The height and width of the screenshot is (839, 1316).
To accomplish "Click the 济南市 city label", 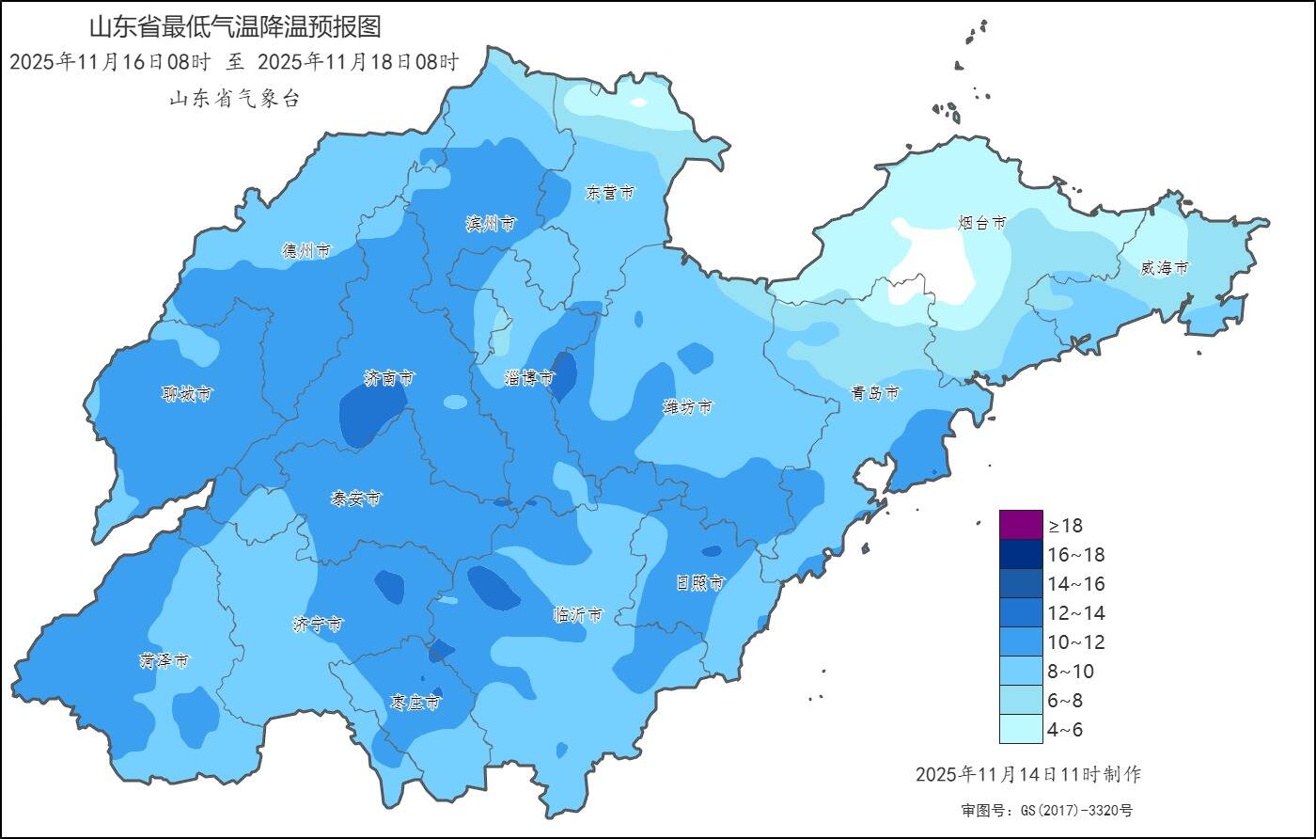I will point(389,378).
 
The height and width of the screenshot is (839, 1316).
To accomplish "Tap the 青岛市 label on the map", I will point(875,393).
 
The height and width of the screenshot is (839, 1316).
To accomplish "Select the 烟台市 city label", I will point(981,223).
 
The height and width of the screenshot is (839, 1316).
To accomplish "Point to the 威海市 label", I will point(1164,268).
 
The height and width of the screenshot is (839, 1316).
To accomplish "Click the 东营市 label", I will point(610,193).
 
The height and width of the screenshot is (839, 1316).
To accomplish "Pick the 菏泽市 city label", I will point(164,661).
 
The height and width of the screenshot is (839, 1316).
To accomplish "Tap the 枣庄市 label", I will point(415,703).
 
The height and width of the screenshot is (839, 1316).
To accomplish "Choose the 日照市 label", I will point(701,583).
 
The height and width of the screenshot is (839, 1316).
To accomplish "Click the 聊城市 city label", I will point(186,394).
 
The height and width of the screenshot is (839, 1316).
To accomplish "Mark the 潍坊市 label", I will point(687,407).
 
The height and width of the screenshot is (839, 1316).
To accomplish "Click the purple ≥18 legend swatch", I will point(1021,524).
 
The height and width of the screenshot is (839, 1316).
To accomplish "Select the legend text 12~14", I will point(1076,613).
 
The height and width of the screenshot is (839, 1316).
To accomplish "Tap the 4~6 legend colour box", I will point(1021,729).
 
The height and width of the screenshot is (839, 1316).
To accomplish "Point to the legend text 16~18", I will point(1076,555).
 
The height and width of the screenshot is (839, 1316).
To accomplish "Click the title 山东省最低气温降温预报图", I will point(235,26).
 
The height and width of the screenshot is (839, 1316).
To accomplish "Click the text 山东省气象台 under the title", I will point(234,99).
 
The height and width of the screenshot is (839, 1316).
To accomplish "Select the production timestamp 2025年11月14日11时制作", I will point(1027,774).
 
